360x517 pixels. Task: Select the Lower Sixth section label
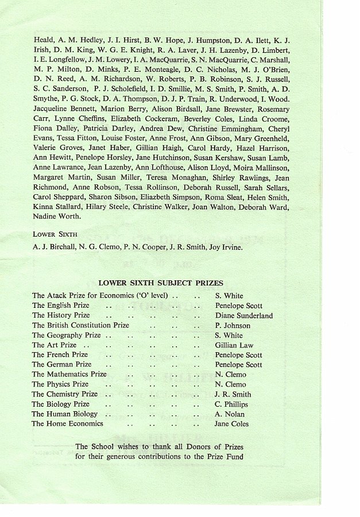click(x=56, y=234)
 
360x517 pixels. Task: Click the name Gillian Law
click(x=234, y=345)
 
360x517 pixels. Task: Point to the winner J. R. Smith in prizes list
click(x=233, y=395)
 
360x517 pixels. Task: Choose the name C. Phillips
click(x=231, y=404)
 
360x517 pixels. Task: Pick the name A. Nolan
click(x=230, y=414)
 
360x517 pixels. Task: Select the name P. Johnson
click(x=233, y=325)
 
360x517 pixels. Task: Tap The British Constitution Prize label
click(x=80, y=325)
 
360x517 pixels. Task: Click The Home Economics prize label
click(x=67, y=424)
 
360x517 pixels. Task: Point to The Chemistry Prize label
click(x=64, y=395)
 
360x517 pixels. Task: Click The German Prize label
click(x=61, y=365)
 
